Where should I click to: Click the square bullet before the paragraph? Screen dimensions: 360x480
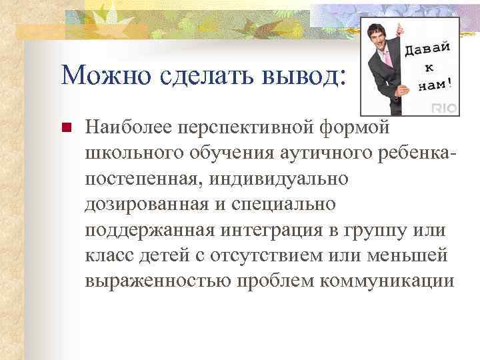coord(65,128)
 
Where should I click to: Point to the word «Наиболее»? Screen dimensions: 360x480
coord(127,127)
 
